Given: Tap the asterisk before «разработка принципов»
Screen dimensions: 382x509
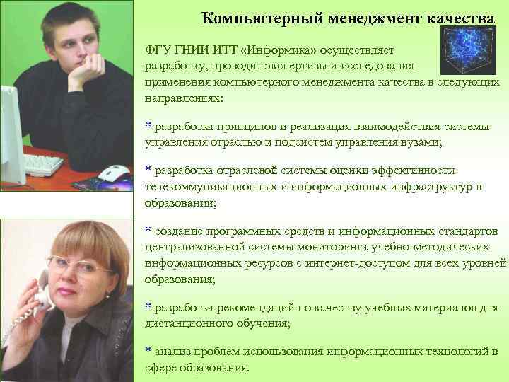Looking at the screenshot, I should coord(148,126).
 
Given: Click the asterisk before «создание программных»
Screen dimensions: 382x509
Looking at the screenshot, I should coord(148,231).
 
